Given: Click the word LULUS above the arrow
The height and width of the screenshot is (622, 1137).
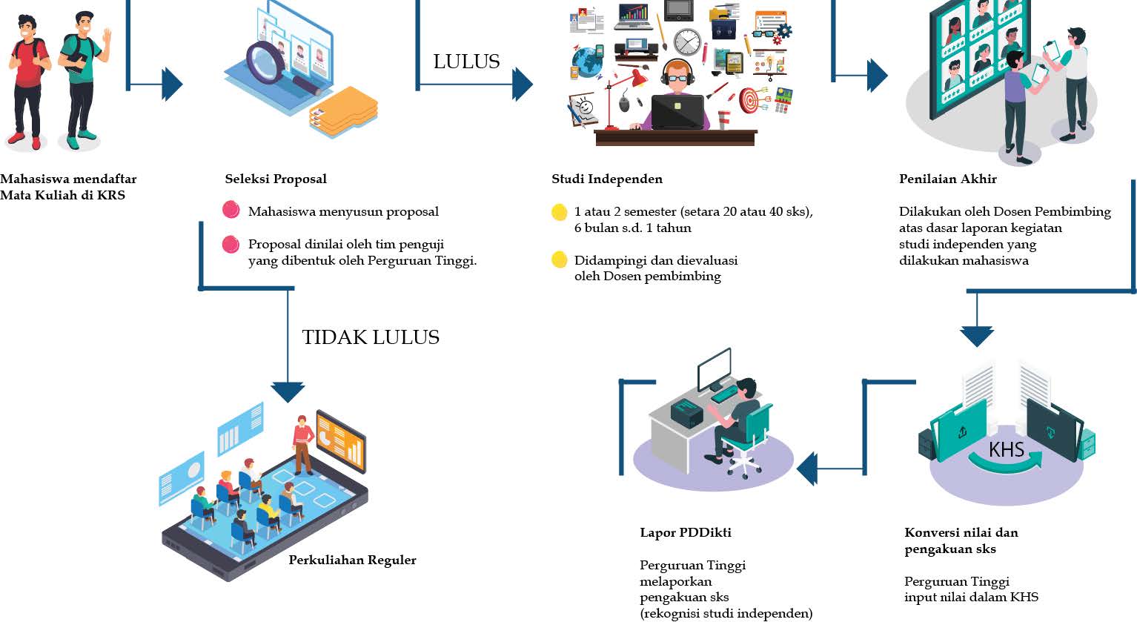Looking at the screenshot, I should tap(466, 62).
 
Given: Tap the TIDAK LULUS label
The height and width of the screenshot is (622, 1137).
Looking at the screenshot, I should tap(371, 337).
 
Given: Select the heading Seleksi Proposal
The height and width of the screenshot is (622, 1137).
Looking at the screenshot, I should tap(276, 179).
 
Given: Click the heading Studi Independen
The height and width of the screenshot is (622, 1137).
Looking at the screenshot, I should tap(607, 179).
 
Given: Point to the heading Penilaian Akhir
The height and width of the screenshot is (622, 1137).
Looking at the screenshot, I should tap(947, 179).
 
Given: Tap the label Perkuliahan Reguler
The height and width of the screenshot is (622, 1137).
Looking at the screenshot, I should tap(352, 560).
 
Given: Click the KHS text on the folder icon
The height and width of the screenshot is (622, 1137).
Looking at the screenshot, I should tap(1006, 449).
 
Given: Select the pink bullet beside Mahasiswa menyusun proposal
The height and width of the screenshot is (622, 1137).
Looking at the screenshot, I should tap(231, 210).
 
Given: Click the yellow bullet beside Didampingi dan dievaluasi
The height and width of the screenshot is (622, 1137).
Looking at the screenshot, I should tap(560, 260).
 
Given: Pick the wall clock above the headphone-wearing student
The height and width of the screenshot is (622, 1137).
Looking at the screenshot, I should tap(687, 42).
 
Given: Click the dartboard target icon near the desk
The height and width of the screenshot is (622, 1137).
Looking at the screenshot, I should tap(750, 99).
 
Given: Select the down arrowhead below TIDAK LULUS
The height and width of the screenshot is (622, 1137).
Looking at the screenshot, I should tap(288, 391).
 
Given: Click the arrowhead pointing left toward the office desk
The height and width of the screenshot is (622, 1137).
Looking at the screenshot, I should tap(807, 469).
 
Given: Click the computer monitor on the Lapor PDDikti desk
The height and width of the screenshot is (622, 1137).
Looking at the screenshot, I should tap(714, 367).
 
